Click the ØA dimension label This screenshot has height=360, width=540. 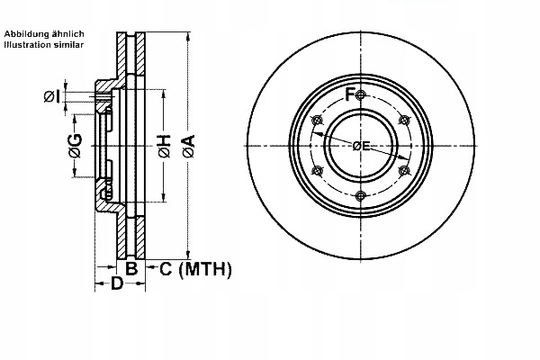(x=187, y=145)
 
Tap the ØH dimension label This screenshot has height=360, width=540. (x=164, y=146)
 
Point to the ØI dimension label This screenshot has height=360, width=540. (x=52, y=95)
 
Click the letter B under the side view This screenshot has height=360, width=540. (x=130, y=267)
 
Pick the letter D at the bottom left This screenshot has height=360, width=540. (x=116, y=284)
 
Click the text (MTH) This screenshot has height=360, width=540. (x=206, y=268)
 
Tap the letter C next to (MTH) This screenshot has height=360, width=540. (x=166, y=268)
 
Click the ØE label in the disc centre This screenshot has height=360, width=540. (x=361, y=145)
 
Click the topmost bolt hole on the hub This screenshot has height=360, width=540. (x=360, y=95)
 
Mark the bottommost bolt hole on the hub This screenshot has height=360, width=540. (x=360, y=196)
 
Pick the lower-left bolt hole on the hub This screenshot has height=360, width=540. (x=316, y=171)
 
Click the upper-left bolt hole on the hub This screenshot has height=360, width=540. (x=316, y=121)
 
